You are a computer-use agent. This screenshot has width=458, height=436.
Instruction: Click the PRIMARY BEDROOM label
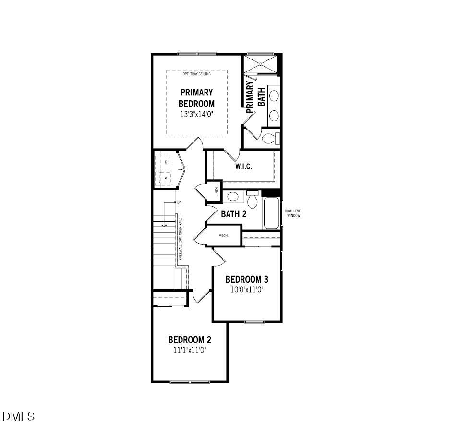click(x=196, y=97)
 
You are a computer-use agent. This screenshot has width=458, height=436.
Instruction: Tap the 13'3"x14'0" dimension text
click(x=196, y=114)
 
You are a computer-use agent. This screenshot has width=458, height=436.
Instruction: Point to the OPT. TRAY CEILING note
click(x=196, y=74)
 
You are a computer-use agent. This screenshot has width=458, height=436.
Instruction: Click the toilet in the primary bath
click(x=271, y=139)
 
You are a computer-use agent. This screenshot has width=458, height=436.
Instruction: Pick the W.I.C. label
click(x=243, y=166)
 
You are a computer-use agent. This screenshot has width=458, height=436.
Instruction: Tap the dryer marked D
click(x=166, y=162)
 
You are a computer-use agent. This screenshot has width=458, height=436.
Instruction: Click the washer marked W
click(x=166, y=177)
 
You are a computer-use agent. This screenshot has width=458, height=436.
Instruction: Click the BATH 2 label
click(x=234, y=214)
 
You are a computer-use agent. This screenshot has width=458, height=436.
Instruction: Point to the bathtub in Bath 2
click(x=272, y=212)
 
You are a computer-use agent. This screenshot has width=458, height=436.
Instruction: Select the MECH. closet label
click(x=223, y=236)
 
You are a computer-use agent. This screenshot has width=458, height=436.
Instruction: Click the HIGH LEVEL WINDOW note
click(x=293, y=213)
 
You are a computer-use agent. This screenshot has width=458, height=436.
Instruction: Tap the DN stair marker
click(x=180, y=203)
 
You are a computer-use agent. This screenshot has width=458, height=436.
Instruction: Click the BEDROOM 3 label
click(x=246, y=279)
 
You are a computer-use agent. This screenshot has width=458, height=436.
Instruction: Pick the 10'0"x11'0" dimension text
click(x=246, y=290)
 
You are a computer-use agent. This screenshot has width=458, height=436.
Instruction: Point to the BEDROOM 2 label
click(x=190, y=340)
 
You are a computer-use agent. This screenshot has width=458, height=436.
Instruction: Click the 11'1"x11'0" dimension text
click(x=190, y=350)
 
